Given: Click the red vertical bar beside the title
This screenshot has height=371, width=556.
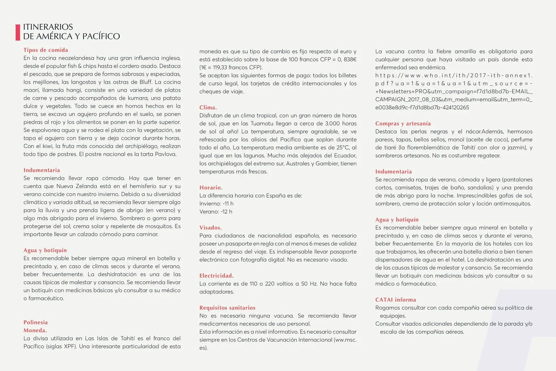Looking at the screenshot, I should (x=18, y=32).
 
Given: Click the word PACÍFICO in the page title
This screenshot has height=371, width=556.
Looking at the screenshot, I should (x=101, y=36).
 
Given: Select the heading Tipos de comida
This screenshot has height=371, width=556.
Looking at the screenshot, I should (x=46, y=50).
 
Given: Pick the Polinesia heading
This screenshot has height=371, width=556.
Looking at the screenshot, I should (x=36, y=322).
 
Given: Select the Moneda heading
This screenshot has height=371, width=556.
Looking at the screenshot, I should (x=35, y=330).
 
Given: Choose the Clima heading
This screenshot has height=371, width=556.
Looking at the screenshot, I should (x=208, y=108).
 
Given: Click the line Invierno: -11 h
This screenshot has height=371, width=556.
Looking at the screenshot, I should (x=216, y=203).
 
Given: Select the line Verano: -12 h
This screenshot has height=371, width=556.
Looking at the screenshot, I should (x=216, y=211).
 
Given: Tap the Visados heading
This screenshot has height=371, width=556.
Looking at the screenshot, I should (x=211, y=228).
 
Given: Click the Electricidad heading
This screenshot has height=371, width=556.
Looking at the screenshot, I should (x=216, y=275).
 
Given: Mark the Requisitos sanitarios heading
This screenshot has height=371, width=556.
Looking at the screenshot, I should (x=227, y=308).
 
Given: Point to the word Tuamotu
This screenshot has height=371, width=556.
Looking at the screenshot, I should (x=262, y=123).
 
